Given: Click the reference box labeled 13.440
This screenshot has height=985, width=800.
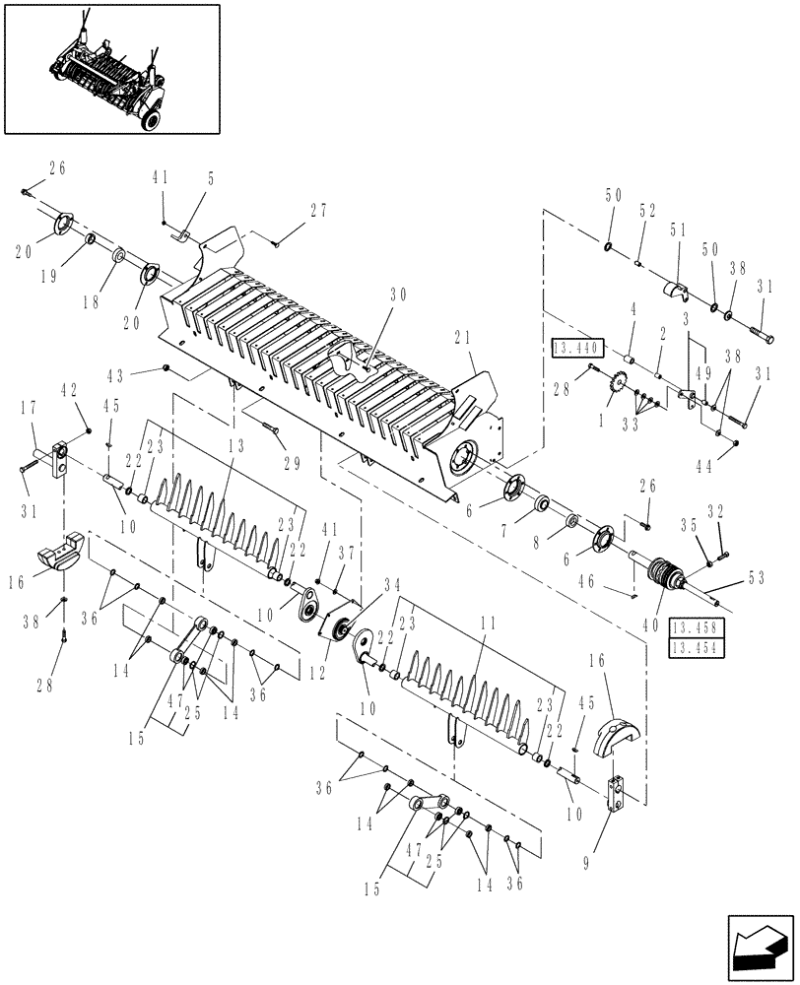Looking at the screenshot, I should tap(574, 348).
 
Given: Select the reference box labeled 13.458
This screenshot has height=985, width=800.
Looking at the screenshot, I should tap(694, 626).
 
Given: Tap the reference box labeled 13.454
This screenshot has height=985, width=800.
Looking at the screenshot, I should tap(694, 646).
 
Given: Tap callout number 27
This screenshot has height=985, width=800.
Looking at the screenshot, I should tap(317, 210).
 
